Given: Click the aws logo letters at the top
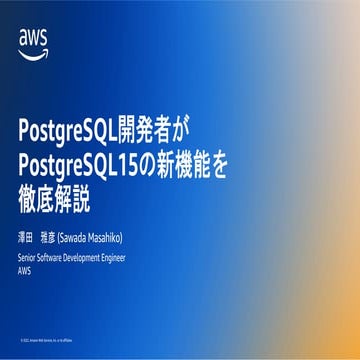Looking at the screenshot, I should (33, 37).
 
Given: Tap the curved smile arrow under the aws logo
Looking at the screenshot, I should (33, 51).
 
